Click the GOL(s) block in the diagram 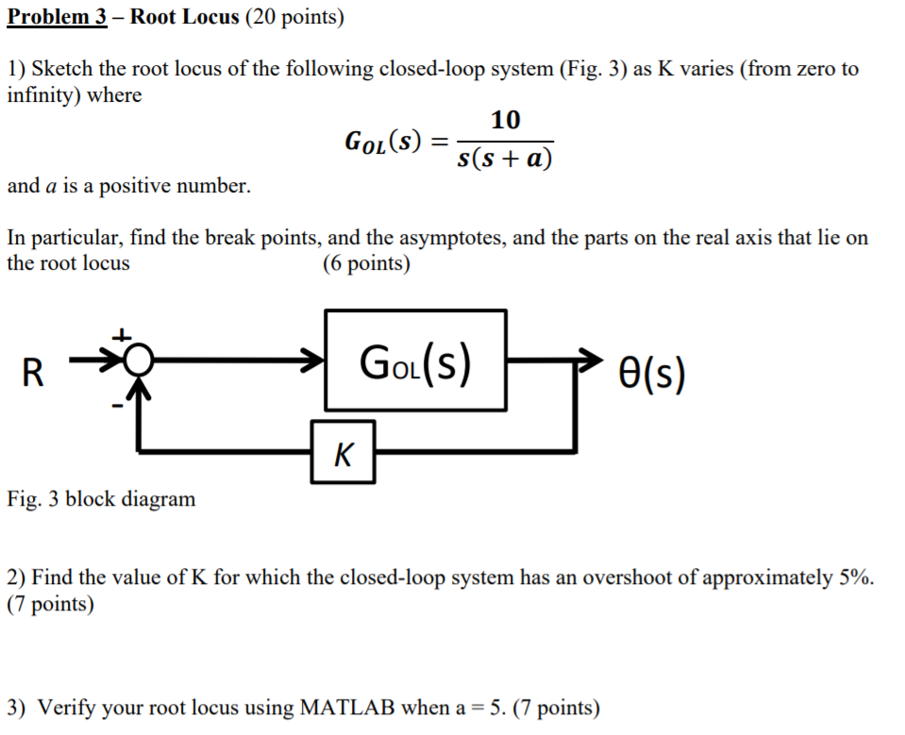tap(415, 360)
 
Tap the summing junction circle tap(139, 359)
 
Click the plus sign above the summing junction tap(121, 335)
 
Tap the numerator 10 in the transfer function tap(505, 120)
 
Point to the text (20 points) tap(294, 17)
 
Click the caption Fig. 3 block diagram tap(101, 498)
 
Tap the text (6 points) tap(366, 263)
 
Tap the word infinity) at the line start tap(42, 94)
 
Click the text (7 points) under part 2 tap(50, 604)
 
